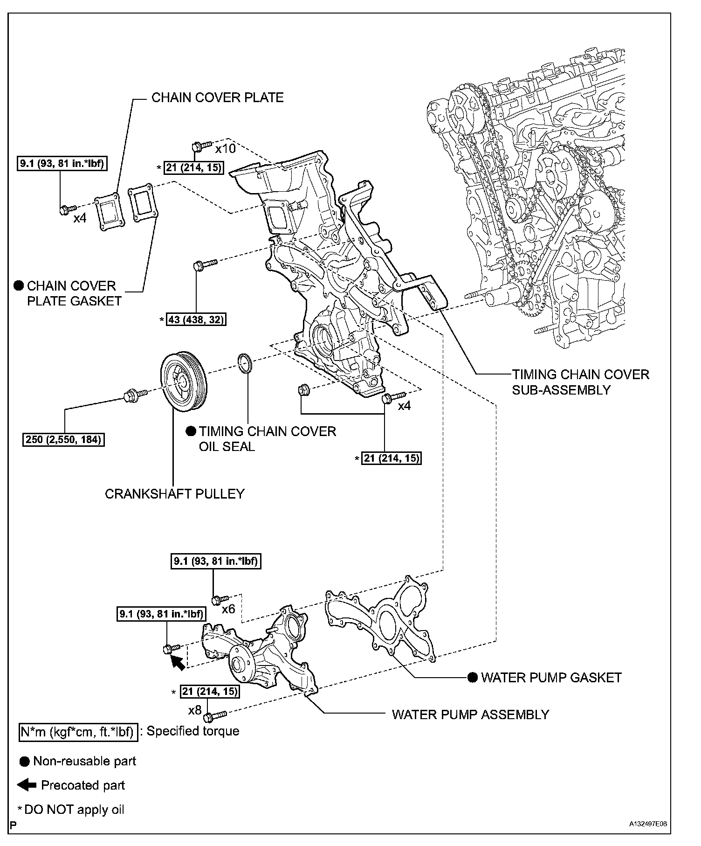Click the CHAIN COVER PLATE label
click(217, 97)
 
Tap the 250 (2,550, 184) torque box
click(63, 439)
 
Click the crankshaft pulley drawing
click(185, 383)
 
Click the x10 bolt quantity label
click(225, 149)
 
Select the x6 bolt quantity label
click(228, 609)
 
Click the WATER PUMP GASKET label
click(551, 678)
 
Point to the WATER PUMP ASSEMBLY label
click(470, 714)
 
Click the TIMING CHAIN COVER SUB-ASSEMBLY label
click(580, 382)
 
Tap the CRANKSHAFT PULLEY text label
click(175, 494)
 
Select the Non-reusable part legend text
click(84, 762)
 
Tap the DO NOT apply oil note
click(74, 809)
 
